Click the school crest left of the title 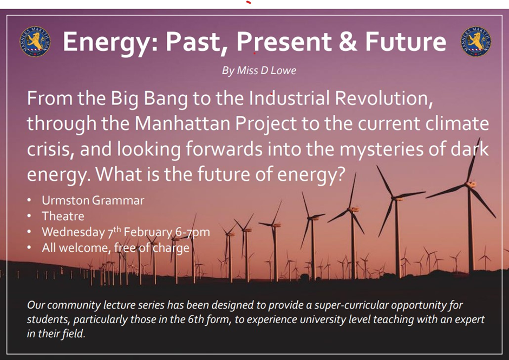click(x=35, y=42)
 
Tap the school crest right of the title click(x=475, y=42)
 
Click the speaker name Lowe click(x=283, y=70)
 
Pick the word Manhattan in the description click(x=182, y=123)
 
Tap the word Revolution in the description click(x=384, y=99)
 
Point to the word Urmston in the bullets click(x=66, y=200)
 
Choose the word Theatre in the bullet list click(x=63, y=216)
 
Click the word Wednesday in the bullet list click(x=73, y=232)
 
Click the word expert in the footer click(x=468, y=320)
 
